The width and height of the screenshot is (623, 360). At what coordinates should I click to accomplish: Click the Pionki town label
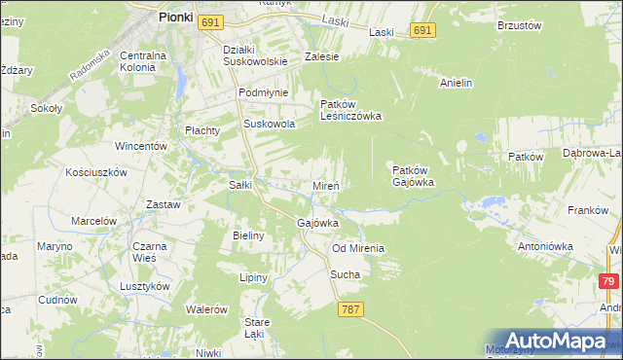[x=175, y=17]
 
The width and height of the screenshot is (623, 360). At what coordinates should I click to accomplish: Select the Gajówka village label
[x=316, y=223]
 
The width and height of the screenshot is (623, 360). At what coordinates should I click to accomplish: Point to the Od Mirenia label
[x=357, y=248]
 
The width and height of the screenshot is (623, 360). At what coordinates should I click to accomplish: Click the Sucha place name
[x=345, y=274]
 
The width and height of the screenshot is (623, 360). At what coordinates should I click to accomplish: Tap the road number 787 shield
[x=351, y=309]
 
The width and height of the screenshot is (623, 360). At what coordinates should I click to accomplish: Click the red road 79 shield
[x=608, y=281]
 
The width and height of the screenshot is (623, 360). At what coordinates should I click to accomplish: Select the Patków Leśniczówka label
[x=350, y=109]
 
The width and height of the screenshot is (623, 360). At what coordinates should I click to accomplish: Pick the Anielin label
[x=456, y=83]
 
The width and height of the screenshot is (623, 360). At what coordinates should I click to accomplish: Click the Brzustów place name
[x=518, y=25]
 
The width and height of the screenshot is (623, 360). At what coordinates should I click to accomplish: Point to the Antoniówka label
[x=546, y=246]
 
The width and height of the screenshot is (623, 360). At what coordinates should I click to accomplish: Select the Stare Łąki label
[x=257, y=328]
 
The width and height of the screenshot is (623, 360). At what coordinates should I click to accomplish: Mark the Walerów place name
[x=206, y=309]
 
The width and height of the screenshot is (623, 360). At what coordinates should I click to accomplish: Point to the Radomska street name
[x=91, y=63]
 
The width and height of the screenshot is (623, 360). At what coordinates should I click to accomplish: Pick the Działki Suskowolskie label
[x=255, y=54]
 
